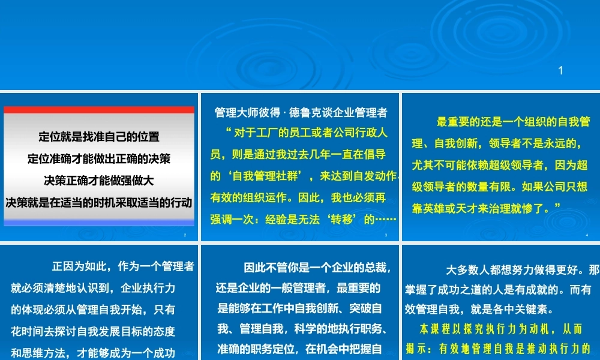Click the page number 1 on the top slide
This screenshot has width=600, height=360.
coord(560,71)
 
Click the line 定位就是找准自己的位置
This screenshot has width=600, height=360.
coord(99,137)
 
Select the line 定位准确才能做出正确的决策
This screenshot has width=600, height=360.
coord(99,158)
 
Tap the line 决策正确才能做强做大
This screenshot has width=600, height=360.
coord(99,180)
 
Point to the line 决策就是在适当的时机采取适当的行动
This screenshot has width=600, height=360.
coord(99,202)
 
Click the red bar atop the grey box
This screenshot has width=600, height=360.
coord(99,110)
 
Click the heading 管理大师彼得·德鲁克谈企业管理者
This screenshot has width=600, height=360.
coord(301,112)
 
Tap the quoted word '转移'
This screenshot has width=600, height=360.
coord(347,219)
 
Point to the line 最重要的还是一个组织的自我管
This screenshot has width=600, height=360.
coord(513,122)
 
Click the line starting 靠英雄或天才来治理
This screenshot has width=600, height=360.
coord(486,207)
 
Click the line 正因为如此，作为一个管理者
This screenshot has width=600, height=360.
coord(123,266)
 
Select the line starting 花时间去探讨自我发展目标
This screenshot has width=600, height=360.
coord(93,331)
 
